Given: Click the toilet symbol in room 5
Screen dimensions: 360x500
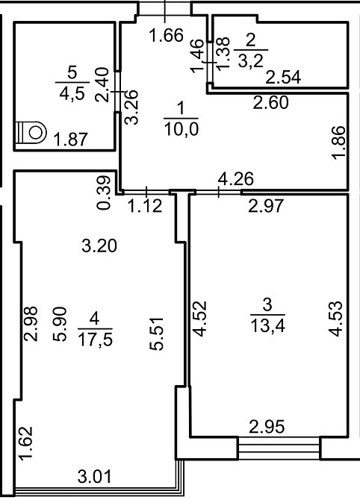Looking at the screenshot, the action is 31,132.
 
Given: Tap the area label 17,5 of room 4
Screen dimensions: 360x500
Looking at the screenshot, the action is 95,340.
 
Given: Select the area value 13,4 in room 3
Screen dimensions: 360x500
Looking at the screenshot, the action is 268,326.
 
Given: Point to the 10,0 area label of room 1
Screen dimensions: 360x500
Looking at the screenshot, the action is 181,129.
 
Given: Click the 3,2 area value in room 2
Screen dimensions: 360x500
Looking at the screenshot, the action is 250,60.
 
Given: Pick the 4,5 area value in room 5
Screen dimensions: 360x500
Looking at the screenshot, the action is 72,93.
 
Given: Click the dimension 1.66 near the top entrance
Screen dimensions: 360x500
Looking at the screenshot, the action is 167,35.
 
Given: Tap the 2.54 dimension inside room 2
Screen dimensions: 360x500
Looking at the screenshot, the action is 283,78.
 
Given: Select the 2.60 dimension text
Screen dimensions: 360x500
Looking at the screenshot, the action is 270,102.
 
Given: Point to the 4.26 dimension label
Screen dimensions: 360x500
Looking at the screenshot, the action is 235,179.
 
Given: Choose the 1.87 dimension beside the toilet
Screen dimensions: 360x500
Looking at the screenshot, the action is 70,140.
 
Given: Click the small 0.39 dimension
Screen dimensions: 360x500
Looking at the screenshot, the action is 104,193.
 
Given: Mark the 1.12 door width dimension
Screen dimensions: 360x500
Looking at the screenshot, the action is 145,206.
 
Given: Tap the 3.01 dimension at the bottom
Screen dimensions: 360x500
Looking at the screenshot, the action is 94,477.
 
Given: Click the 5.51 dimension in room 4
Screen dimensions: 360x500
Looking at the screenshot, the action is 157,334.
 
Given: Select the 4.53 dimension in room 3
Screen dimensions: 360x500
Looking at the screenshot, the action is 336,319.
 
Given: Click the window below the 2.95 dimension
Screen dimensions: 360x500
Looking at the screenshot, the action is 279,448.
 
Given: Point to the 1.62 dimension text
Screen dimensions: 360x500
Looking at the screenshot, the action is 26,443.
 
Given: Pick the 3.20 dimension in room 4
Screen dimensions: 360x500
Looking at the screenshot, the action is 99,246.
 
